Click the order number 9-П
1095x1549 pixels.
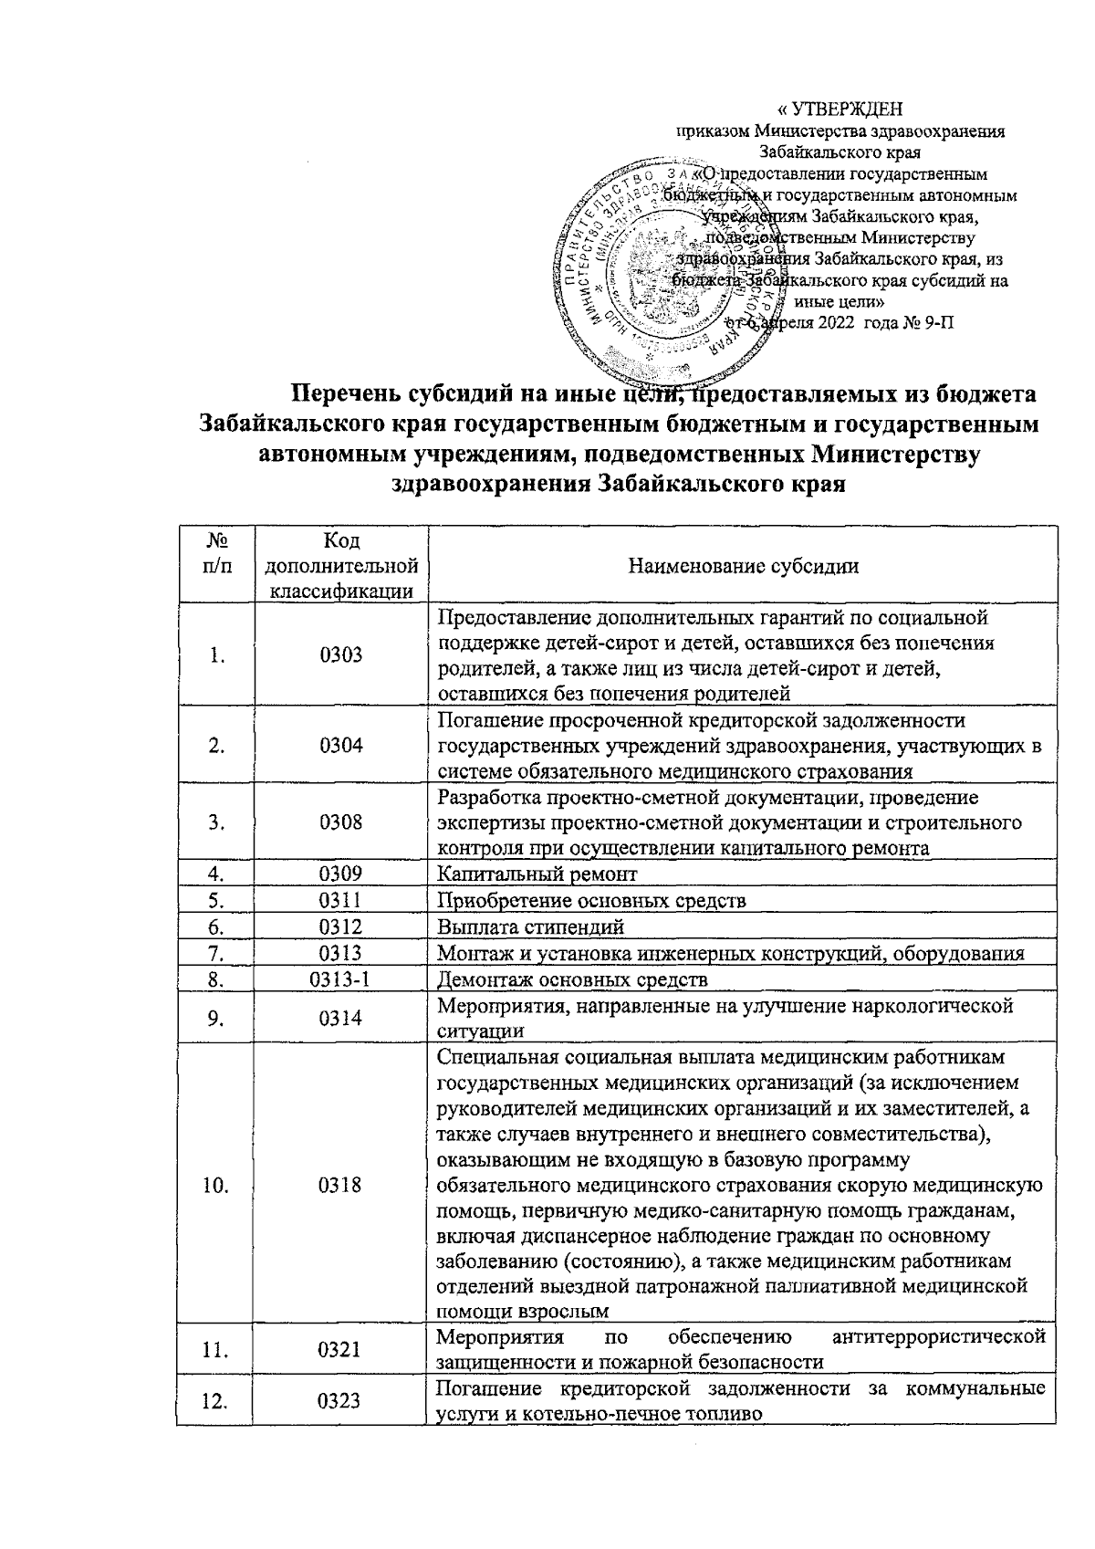coord(932,323)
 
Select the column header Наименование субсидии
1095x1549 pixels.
coord(744,566)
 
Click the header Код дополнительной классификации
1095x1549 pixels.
coord(341,566)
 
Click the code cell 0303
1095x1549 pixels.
coord(341,654)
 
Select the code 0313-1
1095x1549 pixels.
coord(341,979)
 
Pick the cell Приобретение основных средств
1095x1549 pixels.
coord(592,901)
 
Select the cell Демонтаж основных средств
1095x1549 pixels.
coord(573,979)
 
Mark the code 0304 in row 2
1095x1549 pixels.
coord(341,744)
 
